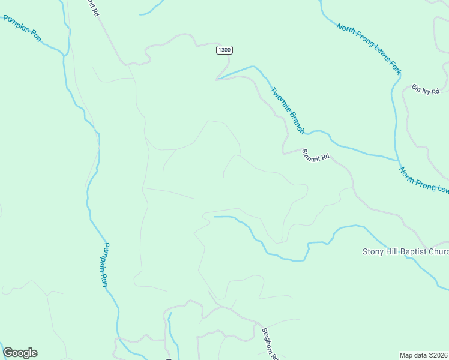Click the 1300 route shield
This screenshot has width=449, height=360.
[x=224, y=50]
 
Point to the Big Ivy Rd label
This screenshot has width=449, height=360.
[x=426, y=90]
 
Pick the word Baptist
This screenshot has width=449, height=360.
[x=418, y=251]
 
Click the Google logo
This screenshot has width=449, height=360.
[x=20, y=353]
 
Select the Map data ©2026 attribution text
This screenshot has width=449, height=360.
[x=424, y=355]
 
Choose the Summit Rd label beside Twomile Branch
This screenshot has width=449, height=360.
[x=316, y=155]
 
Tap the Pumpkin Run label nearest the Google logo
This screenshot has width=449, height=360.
[x=106, y=264]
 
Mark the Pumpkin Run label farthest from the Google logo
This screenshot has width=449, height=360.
[x=22, y=28]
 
